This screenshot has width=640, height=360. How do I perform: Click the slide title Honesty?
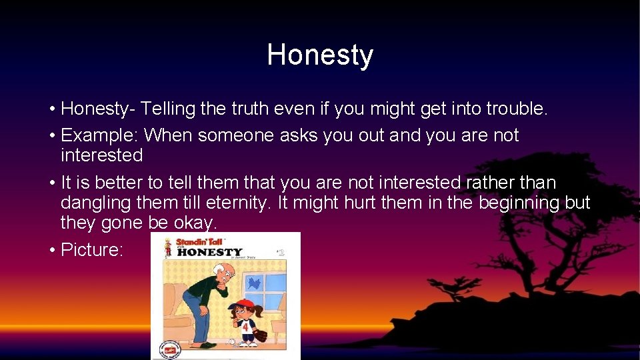(x=320, y=55)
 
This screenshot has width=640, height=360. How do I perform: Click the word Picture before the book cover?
(x=89, y=250)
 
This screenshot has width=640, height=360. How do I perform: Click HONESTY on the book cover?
(x=210, y=253)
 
